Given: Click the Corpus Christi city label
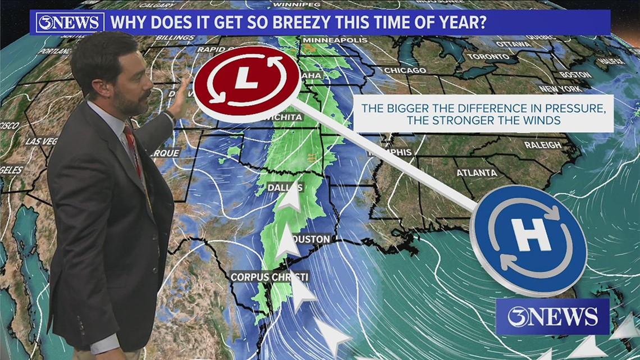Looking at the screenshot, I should [269, 277].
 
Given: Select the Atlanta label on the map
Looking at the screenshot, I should [476, 172].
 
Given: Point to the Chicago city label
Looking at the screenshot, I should [405, 70].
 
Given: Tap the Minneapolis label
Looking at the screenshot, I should [335, 40].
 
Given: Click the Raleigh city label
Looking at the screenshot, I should [542, 145].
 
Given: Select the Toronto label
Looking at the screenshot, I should [488, 57].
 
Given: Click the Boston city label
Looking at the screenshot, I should [575, 75].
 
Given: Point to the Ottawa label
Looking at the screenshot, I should [513, 44].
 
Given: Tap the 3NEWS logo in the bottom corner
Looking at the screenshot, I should [552, 317].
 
